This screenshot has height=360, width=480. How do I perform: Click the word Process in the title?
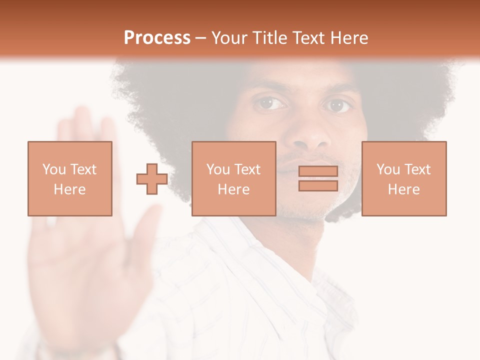[157, 38]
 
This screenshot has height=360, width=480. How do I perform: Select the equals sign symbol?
[318, 178]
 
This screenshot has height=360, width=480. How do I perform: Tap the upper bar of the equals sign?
[318, 171]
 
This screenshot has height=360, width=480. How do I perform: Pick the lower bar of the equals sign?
[318, 185]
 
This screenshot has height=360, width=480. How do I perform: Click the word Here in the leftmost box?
[69, 189]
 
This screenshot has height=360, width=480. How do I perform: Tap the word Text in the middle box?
[247, 169]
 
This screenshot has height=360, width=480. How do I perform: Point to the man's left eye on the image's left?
[270, 103]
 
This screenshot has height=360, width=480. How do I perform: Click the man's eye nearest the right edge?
[337, 105]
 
